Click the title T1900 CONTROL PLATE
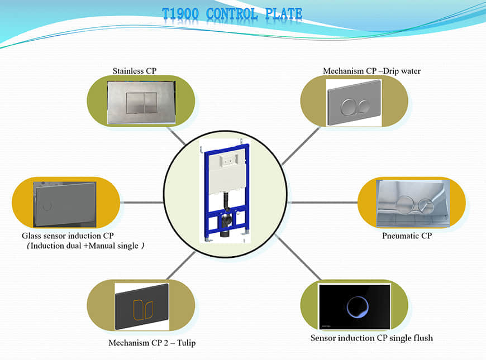pyautogui.click(x=232, y=14)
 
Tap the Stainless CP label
pyautogui.click(x=135, y=71)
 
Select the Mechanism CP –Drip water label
pyautogui.click(x=371, y=71)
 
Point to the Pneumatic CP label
pyautogui.click(x=407, y=236)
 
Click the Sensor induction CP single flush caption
pyautogui.click(x=371, y=338)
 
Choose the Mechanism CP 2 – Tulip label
pyautogui.click(x=152, y=343)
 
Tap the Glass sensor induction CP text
pyautogui.click(x=68, y=236)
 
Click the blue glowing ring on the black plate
pyautogui.click(x=358, y=307)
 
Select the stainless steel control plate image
pyautogui.click(x=141, y=103)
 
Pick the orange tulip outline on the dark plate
pyautogui.click(x=143, y=309)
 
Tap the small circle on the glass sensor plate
pyautogui.click(x=47, y=206)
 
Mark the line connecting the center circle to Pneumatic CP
pyautogui.click(x=323, y=203)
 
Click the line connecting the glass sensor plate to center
pyautogui.click(x=142, y=203)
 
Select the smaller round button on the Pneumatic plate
pyautogui.click(x=426, y=206)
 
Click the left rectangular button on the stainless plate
pyautogui.click(x=135, y=103)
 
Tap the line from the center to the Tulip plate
pyautogui.click(x=181, y=266)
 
